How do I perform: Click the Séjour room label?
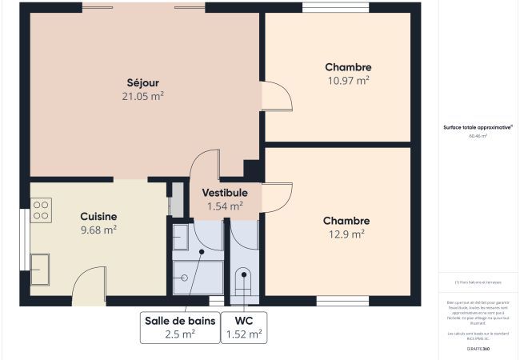[x=143, y=82]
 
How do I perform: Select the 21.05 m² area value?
[x=143, y=96]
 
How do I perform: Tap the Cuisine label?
[x=98, y=216]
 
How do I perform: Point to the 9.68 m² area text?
[x=98, y=230]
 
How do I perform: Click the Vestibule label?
[x=225, y=193]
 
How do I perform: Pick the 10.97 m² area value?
[x=348, y=81]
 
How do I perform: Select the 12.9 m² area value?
[x=346, y=234]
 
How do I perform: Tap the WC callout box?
[x=243, y=326]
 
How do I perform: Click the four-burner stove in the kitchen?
[x=41, y=210]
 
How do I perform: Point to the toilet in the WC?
[x=243, y=282]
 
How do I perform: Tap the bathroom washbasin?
[x=181, y=236]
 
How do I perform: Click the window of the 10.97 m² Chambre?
[x=335, y=8]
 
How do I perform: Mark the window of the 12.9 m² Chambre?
[x=342, y=301]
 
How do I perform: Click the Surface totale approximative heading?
[x=478, y=126]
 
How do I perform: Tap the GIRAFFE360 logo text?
[x=478, y=349]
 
